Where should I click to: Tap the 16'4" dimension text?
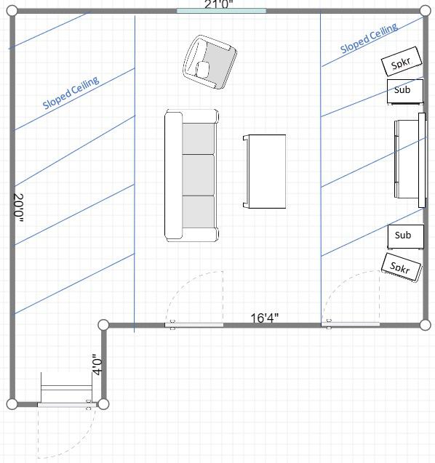pos(265,318)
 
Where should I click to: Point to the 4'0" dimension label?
pos(97,363)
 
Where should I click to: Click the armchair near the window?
pos(209,62)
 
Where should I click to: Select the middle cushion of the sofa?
pos(199,174)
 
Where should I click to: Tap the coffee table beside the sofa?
pos(265,172)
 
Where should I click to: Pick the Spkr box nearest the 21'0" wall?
pos(402,64)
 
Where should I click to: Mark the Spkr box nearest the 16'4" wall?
pos(401,267)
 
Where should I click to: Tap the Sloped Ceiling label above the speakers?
pos(369,39)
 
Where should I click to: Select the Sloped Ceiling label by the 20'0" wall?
pos(71,93)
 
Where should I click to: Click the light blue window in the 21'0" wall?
pos(221,11)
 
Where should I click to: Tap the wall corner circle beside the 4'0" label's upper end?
pos(103,325)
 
